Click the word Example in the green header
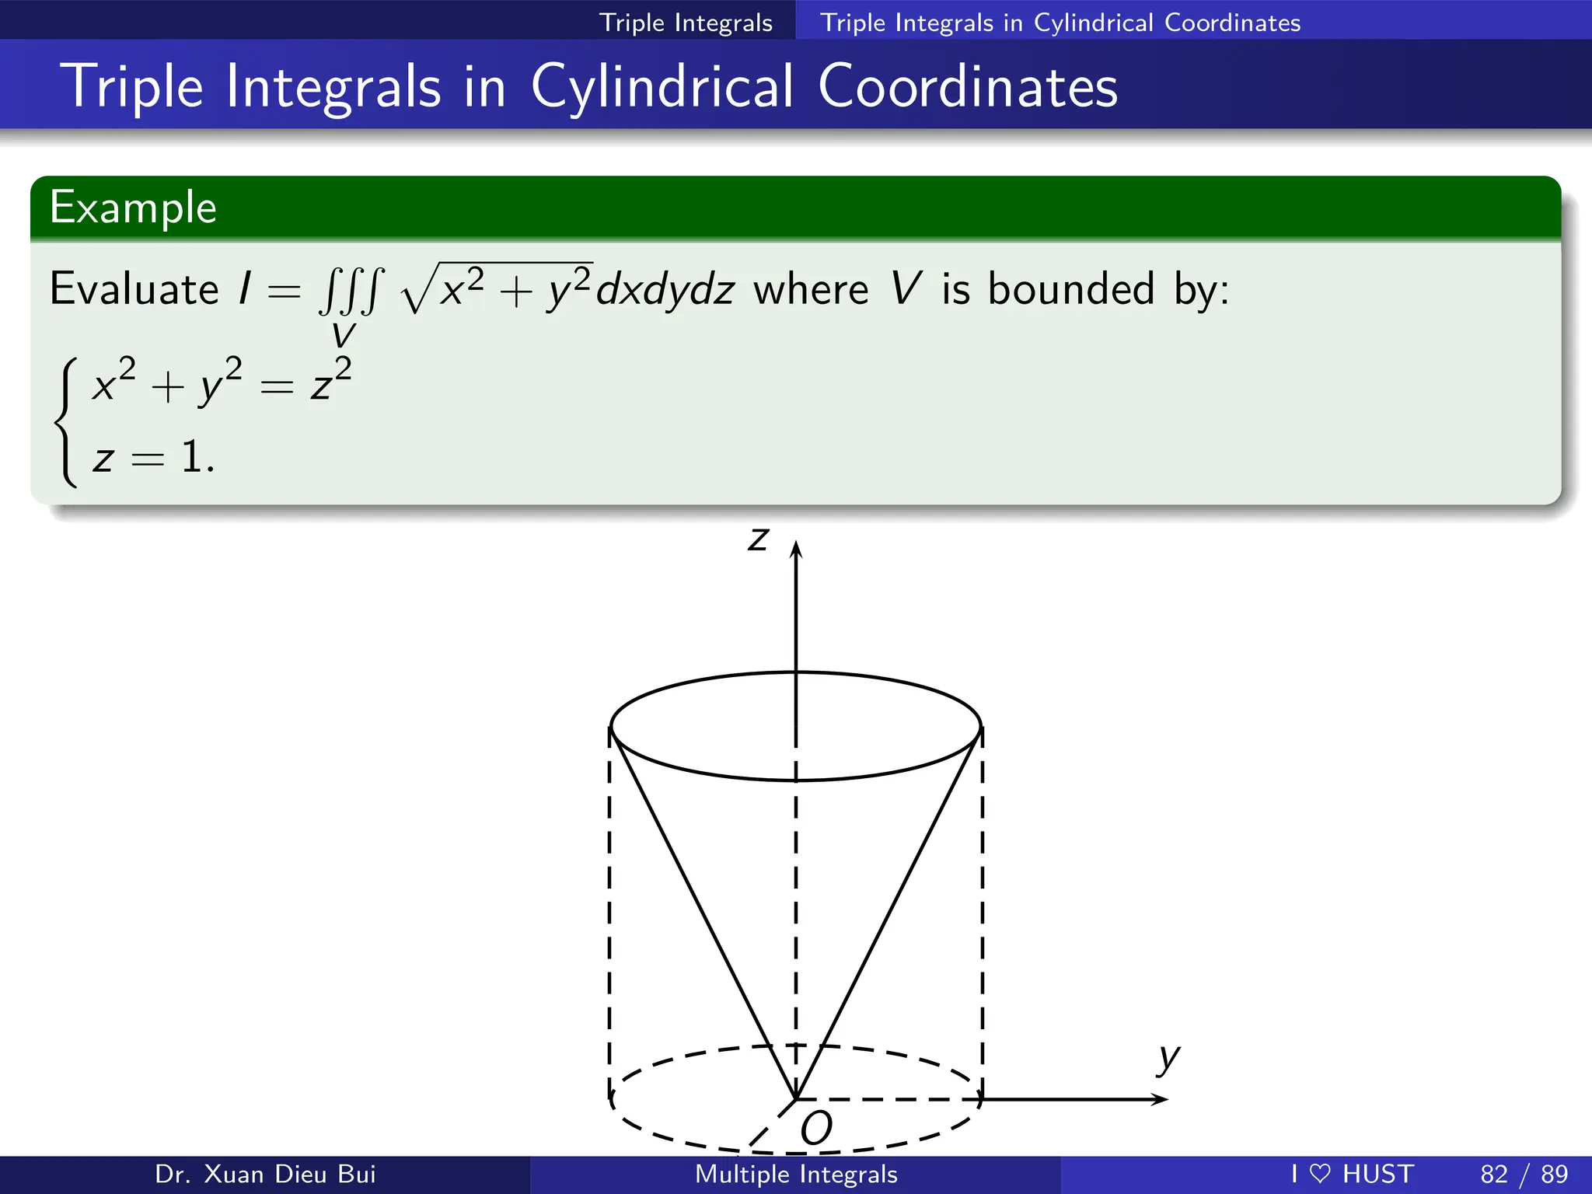133,208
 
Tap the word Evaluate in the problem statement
134,289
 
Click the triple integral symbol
351,291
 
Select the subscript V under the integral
343,336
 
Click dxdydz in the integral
665,291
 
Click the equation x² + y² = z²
222,382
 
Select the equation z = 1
153,457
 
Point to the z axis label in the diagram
758,539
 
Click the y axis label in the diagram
1168,1058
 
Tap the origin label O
816,1128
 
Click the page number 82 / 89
1524,1174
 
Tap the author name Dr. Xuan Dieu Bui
265,1174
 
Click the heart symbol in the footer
1320,1174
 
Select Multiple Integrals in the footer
796,1174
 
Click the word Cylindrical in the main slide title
663,86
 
